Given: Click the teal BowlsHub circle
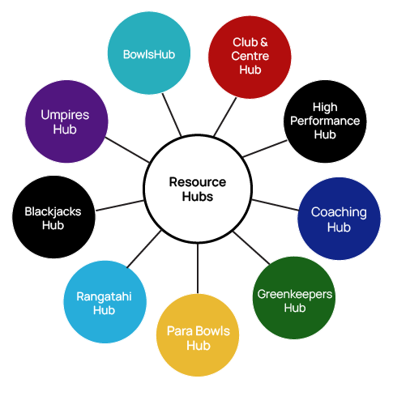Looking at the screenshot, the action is (x=149, y=53).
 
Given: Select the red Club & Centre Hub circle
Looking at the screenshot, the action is (x=250, y=57).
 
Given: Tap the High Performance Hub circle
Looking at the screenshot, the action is (x=325, y=121).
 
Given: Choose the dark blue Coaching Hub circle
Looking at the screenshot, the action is (x=339, y=219).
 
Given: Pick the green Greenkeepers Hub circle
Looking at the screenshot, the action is (x=294, y=298).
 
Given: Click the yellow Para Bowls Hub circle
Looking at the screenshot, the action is (x=198, y=334).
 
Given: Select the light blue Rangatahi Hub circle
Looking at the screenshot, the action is (x=105, y=302).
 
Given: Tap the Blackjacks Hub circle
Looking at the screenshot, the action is (x=53, y=217).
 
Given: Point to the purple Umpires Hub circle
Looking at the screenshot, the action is (x=66, y=121).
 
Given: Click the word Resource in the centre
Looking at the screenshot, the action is (x=198, y=182).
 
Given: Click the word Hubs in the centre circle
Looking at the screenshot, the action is (x=198, y=197).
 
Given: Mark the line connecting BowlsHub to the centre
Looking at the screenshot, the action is (x=172, y=115).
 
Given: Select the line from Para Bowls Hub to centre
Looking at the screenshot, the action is (x=198, y=268).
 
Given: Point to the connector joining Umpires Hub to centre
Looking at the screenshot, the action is (x=127, y=150).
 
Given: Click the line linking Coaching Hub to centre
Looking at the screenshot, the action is (x=275, y=205).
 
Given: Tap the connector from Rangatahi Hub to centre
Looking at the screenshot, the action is (x=144, y=249).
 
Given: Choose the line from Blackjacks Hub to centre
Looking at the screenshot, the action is (x=120, y=206).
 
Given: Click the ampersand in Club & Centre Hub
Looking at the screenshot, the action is (x=264, y=42).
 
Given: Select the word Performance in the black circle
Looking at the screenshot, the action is (x=325, y=121).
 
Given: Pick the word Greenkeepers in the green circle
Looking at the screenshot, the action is (x=294, y=294).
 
